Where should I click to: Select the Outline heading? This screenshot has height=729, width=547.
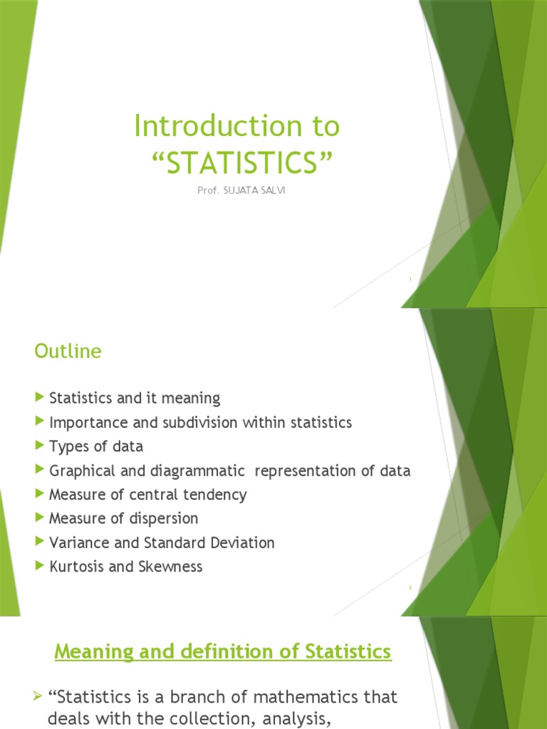point(68,351)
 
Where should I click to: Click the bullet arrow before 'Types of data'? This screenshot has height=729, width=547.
point(39,446)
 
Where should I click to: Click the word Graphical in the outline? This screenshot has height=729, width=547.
point(80,471)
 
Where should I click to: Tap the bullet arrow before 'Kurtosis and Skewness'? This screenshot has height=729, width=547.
point(39,566)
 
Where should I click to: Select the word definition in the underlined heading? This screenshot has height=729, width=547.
point(201,651)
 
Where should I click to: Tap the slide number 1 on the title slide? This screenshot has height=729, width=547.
point(410,279)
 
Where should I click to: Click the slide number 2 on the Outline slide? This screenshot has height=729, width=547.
point(410,587)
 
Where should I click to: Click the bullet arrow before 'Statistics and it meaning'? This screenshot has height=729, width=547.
point(39,397)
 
